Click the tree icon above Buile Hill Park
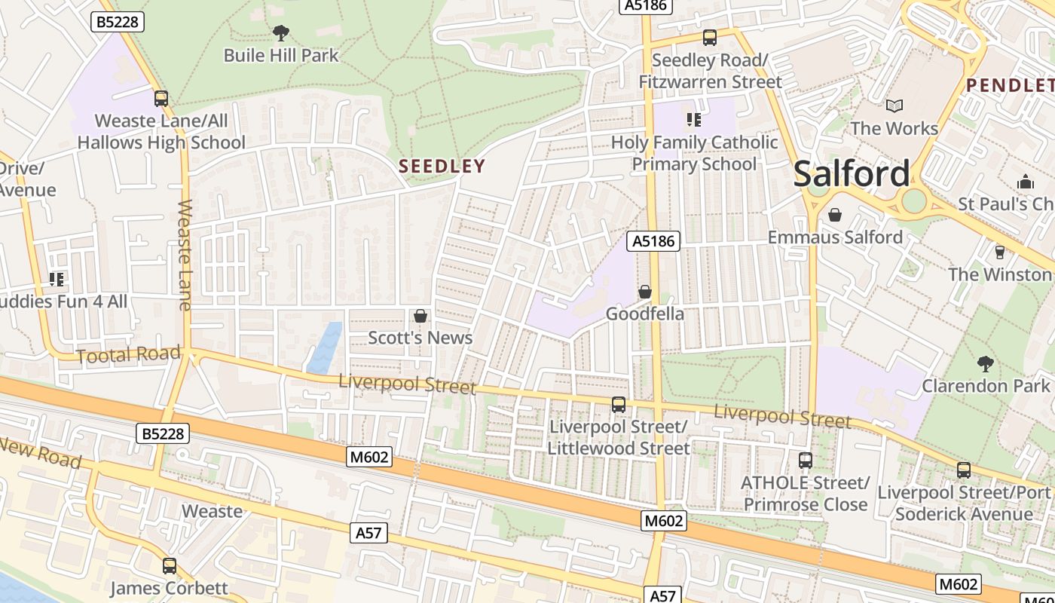click(280, 32)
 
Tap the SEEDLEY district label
click(442, 166)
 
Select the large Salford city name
click(852, 173)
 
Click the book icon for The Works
click(894, 106)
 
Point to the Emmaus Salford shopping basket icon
click(834, 216)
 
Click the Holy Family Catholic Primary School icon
click(693, 120)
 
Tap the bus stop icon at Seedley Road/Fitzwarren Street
click(709, 38)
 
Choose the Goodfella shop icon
click(645, 292)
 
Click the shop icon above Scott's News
click(420, 316)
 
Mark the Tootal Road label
click(129, 354)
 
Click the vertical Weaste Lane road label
click(185, 255)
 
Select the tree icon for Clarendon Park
click(985, 364)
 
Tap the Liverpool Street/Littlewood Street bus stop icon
click(619, 405)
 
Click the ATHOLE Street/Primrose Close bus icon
click(806, 460)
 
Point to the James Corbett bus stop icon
click(170, 565)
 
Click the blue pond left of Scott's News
click(325, 347)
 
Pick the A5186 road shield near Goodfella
click(653, 241)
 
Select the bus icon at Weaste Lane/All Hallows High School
click(161, 99)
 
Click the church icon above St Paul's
click(1025, 182)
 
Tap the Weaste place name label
click(213, 511)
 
